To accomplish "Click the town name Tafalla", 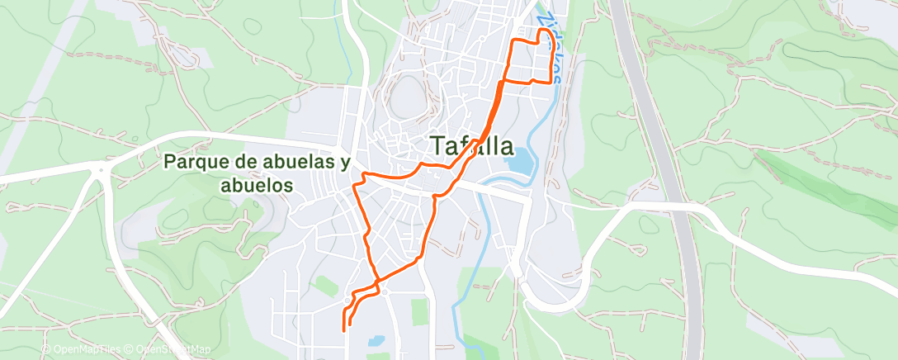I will pyautogui.click(x=472, y=147).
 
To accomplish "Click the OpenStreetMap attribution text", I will pyautogui.click(x=173, y=350).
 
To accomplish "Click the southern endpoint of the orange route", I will pyautogui.click(x=343, y=329).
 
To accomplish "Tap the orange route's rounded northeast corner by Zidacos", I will pyautogui.click(x=546, y=31).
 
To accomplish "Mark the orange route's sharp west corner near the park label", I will pyautogui.click(x=355, y=186).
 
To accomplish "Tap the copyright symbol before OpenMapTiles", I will pyautogui.click(x=46, y=350).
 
